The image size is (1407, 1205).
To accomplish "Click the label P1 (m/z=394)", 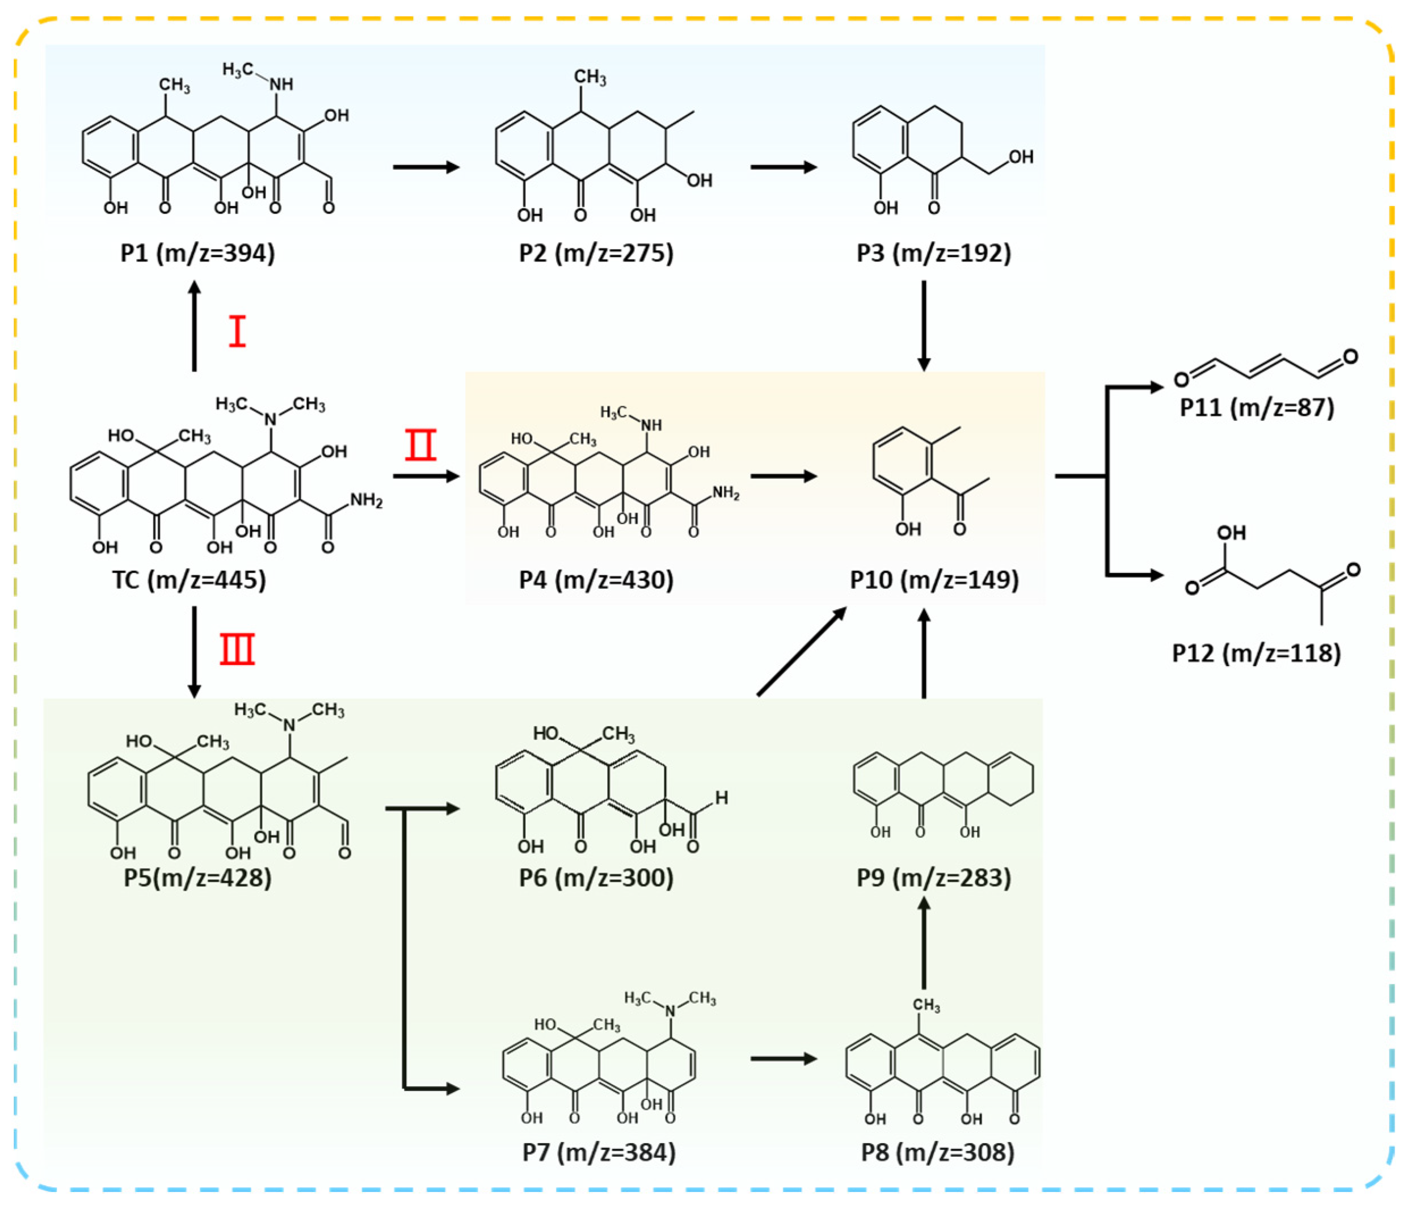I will point(197,252).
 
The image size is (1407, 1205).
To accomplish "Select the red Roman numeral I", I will point(237,332).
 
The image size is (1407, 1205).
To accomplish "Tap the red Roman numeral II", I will point(420,445).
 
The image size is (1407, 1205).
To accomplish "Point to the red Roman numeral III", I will point(237,649).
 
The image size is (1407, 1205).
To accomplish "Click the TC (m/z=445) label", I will point(189,580).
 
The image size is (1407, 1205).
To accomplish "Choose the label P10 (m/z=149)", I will point(934,580).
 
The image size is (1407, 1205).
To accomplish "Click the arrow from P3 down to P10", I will point(924,326).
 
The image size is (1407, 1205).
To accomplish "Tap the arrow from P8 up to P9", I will point(924,943).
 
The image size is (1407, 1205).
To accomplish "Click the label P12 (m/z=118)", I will point(1256,652).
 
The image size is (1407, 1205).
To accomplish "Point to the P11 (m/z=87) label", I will point(1256,407).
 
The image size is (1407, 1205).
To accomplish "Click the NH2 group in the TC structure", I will point(366,500).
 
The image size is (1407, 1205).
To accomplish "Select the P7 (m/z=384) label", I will point(599,1152).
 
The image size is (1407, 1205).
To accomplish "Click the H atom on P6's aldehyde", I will point(721,798).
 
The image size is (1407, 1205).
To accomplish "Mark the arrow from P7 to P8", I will point(783,1059).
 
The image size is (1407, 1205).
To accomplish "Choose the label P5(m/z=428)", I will point(197,877).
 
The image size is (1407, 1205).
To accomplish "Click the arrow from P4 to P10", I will point(783,476).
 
